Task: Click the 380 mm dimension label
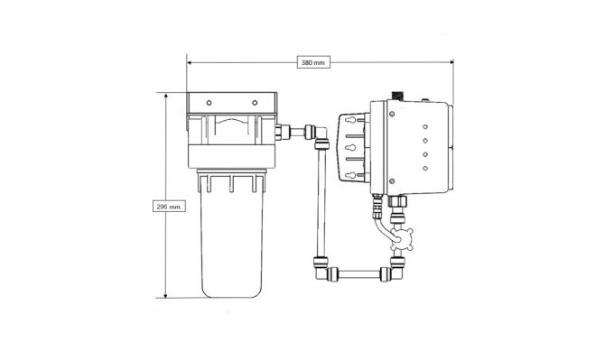pyautogui.click(x=313, y=62)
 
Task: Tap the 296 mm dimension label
pyautogui.click(x=169, y=207)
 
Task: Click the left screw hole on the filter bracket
pyautogui.click(x=209, y=103)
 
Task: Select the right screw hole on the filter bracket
pyautogui.click(x=255, y=103)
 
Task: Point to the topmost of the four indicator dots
pyautogui.click(x=425, y=127)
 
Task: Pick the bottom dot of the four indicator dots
pyautogui.click(x=425, y=168)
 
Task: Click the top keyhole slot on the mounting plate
pyautogui.click(x=351, y=120)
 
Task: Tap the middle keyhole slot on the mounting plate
pyautogui.click(x=351, y=148)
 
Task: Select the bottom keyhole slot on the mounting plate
pyautogui.click(x=351, y=175)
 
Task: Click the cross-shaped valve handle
pyautogui.click(x=402, y=238)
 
